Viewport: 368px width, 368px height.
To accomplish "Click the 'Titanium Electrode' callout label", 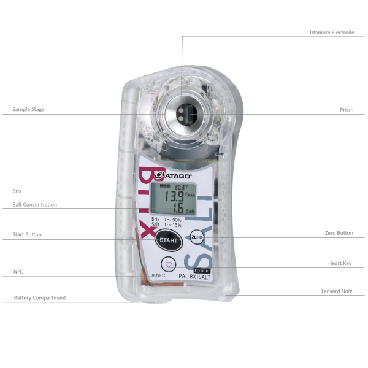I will coord(331,33).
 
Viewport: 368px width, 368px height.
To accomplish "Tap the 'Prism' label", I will coord(347,110).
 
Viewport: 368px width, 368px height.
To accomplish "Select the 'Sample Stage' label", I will coord(28,110).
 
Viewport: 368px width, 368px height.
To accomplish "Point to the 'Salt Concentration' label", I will coord(34,204).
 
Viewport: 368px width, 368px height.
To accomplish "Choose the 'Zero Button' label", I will coord(339,233).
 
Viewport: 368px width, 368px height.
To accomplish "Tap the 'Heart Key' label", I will coord(340,263).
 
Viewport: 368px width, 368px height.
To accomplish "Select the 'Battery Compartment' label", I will coord(40,298).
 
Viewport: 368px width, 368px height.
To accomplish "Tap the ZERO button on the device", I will coord(197,237).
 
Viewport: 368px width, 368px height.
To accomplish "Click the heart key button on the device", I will coord(170,264).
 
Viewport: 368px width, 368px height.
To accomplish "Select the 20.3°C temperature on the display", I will coord(182,186).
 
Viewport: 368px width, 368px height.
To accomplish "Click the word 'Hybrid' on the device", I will coord(202,269).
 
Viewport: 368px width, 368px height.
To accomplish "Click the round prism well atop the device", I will coord(182,113).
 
